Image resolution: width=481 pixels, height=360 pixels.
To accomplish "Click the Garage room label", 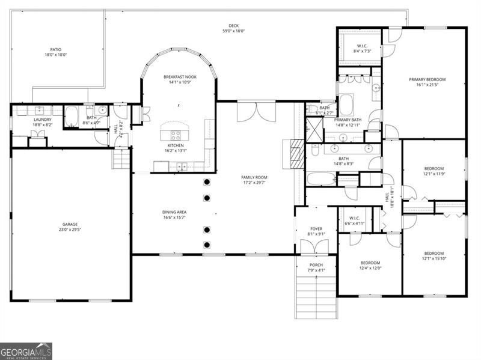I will pyautogui.click(x=70, y=224).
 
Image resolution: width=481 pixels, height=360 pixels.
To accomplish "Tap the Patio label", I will pyautogui.click(x=55, y=50).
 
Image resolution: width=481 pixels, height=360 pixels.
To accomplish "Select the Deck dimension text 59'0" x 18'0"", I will pyautogui.click(x=234, y=31).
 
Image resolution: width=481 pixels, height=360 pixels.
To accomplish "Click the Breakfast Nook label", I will pyautogui.click(x=180, y=77).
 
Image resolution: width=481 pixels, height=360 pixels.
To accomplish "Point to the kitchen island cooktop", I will pyautogui.click(x=176, y=135).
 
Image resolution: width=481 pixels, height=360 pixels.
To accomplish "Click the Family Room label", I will pyautogui.click(x=254, y=177).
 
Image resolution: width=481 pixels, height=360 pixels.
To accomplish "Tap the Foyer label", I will pyautogui.click(x=316, y=228).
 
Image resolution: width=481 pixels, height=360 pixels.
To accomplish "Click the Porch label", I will pyautogui.click(x=316, y=265).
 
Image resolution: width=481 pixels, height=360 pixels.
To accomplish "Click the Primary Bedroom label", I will pyautogui.click(x=427, y=79).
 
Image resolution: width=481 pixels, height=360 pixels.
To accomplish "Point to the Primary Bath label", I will pyautogui.click(x=348, y=120).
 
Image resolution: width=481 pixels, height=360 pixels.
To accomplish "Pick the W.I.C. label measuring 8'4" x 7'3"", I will pyautogui.click(x=362, y=46).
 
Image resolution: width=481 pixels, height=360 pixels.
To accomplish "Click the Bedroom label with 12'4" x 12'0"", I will pyautogui.click(x=370, y=263).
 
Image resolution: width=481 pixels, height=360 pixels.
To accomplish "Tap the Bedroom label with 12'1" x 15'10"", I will pyautogui.click(x=434, y=253).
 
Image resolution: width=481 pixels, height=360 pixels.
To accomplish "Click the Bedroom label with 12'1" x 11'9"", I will pyautogui.click(x=434, y=168).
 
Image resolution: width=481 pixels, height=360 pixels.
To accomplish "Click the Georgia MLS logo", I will pyautogui.click(x=26, y=351).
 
